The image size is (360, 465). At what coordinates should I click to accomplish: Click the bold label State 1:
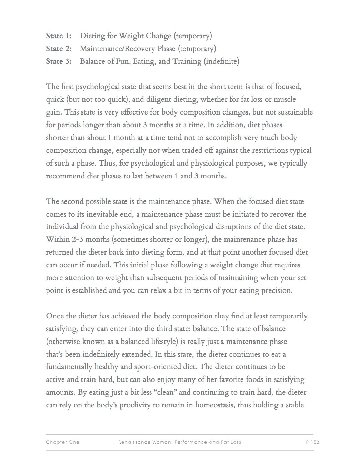(59, 36)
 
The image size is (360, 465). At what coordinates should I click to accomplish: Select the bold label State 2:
(59, 49)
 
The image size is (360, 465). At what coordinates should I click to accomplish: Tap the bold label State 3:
(59, 61)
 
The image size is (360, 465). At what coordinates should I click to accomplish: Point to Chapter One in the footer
(62, 442)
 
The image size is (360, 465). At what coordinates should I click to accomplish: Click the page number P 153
(312, 442)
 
